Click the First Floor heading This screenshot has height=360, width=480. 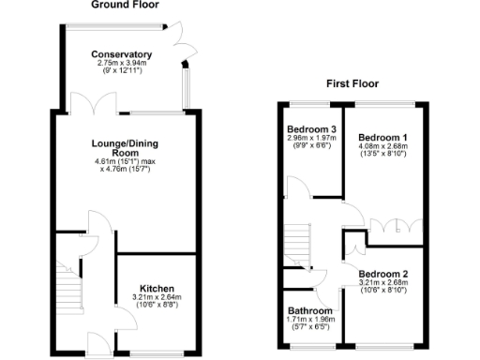[x=352, y=83]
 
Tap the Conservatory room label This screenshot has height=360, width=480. [x=122, y=54]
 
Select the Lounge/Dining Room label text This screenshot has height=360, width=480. [x=125, y=147]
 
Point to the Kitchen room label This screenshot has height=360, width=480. [x=157, y=288]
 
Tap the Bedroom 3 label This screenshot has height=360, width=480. [x=311, y=129]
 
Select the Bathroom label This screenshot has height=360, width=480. [x=309, y=311]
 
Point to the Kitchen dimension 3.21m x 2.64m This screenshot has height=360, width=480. [x=157, y=297]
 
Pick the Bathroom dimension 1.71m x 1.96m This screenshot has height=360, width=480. [x=309, y=321]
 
